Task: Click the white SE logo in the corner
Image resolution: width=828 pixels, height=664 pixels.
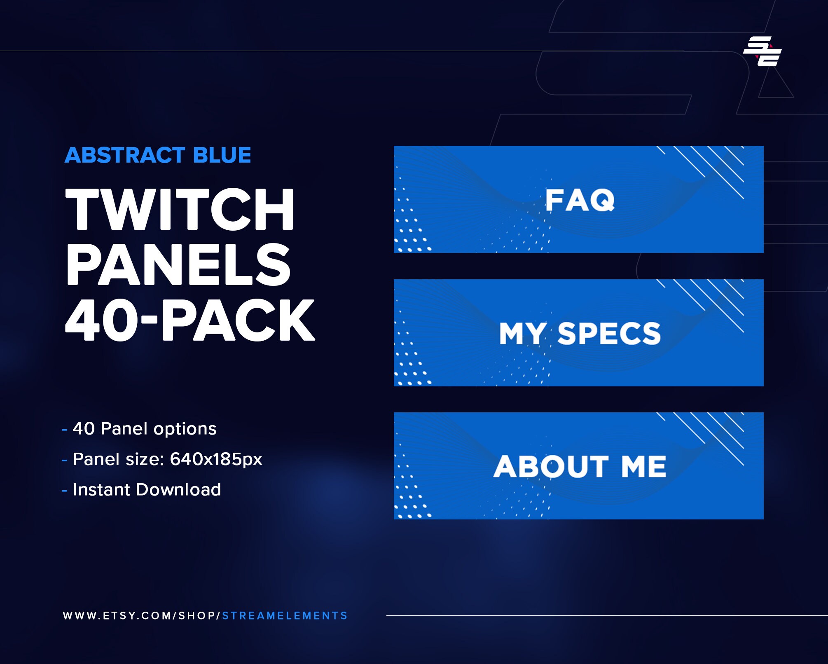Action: pyautogui.click(x=763, y=51)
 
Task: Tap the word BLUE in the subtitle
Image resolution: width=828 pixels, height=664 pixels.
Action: pyautogui.click(x=222, y=156)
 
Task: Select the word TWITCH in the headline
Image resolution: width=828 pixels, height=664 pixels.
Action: pyautogui.click(x=180, y=209)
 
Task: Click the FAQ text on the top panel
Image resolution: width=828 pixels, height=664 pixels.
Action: pyautogui.click(x=580, y=200)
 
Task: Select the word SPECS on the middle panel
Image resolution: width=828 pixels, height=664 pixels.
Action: pyautogui.click(x=609, y=334)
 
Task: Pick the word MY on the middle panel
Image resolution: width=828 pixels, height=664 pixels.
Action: pyautogui.click(x=522, y=334)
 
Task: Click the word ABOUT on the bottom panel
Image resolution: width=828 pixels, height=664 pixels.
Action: pyautogui.click(x=551, y=467)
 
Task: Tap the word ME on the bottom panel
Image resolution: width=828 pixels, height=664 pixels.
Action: pyautogui.click(x=643, y=467)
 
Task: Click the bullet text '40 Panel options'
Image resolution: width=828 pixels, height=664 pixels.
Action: pyautogui.click(x=144, y=429)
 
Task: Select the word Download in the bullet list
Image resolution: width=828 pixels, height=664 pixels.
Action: pyautogui.click(x=178, y=490)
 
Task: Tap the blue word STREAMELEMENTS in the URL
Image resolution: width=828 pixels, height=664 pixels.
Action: pyautogui.click(x=285, y=616)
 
